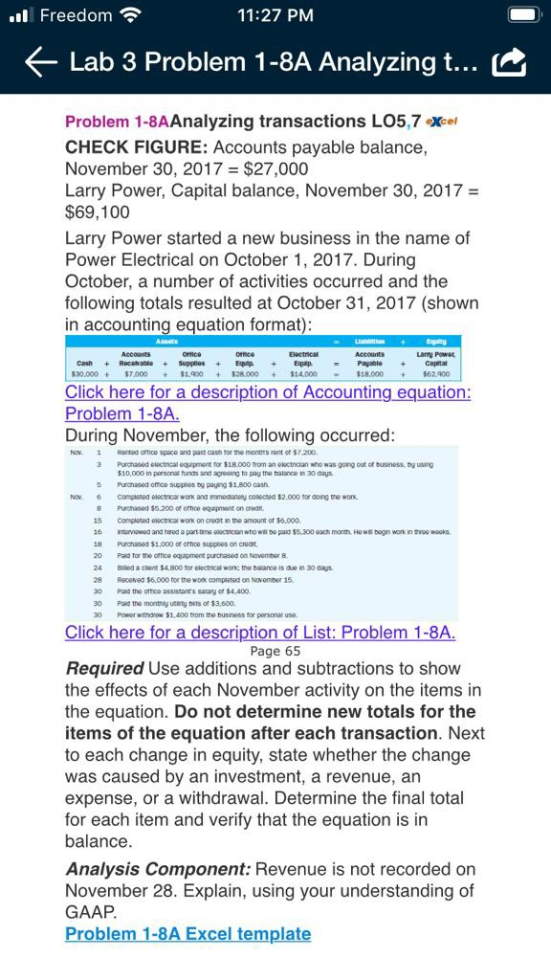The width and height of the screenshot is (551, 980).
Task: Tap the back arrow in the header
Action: (40, 62)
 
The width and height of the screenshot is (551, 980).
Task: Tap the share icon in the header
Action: (509, 63)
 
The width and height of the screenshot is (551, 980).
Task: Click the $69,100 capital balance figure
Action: (97, 212)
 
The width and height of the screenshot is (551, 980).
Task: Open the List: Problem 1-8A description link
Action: (260, 632)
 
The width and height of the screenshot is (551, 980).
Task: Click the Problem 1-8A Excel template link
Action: (187, 933)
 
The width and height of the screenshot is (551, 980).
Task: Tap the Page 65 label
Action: (275, 651)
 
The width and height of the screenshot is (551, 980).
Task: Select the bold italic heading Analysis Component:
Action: (158, 869)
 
